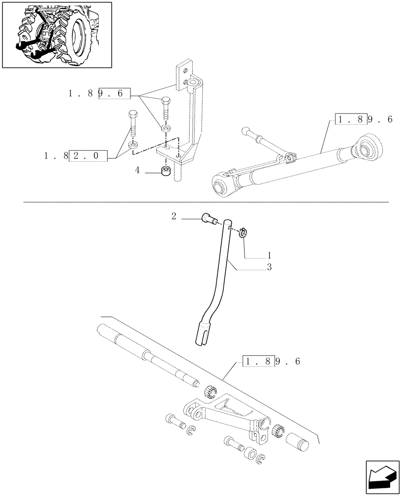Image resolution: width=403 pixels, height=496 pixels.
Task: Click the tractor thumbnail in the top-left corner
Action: point(56,35)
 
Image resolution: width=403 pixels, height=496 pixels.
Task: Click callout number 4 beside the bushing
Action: point(137,171)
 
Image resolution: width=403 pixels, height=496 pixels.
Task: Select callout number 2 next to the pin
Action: point(174,216)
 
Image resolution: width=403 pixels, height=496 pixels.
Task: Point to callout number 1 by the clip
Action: point(269,255)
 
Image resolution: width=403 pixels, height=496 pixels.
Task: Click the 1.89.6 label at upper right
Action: point(364,120)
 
